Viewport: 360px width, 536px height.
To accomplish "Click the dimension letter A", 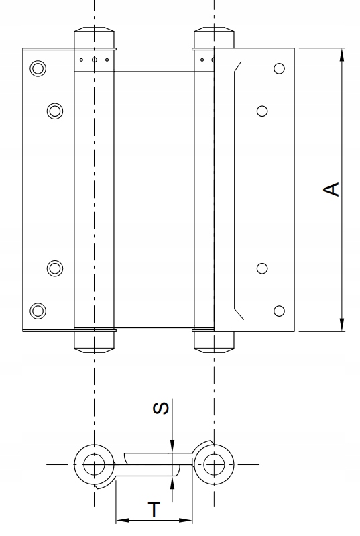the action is tap(331, 189).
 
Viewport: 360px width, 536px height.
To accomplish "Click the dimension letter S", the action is tap(160, 408).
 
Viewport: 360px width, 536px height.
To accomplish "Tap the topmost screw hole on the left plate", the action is tap(38, 68).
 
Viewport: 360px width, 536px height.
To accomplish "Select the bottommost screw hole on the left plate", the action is tap(38, 311).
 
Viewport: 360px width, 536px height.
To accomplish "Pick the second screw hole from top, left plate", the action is tap(55, 111).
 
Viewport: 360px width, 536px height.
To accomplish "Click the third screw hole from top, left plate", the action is tap(55, 268).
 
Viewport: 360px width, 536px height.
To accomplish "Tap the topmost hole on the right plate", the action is tap(279, 68).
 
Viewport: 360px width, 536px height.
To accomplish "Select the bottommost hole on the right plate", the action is tap(279, 311).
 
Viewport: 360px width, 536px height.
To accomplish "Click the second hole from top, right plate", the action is tap(262, 111).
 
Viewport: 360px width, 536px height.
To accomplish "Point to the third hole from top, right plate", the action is tap(262, 268).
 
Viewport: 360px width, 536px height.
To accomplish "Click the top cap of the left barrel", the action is tap(95, 38).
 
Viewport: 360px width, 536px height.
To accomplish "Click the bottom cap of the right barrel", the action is tap(214, 342).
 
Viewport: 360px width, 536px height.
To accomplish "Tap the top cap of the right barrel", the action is tap(214, 38).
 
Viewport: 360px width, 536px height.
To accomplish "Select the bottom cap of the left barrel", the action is tap(95, 342).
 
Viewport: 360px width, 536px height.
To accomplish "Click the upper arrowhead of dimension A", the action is tap(342, 55).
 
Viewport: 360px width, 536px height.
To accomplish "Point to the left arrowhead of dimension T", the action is tap(123, 521).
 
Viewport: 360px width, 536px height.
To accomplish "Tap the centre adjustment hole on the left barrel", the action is tap(95, 60).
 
